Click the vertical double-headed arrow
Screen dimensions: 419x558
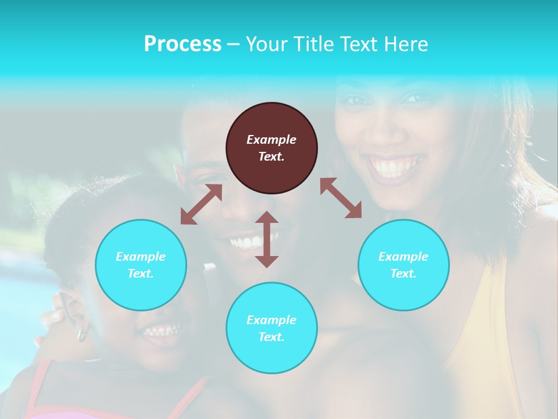click(267, 239)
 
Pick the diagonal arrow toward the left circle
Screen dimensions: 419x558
click(201, 205)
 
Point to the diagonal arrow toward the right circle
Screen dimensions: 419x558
click(341, 198)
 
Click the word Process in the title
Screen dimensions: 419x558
click(183, 44)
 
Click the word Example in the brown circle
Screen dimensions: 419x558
click(271, 140)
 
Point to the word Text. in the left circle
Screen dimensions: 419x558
click(141, 274)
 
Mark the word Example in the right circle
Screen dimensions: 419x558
click(403, 257)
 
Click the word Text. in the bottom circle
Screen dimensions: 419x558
click(271, 337)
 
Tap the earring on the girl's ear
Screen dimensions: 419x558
click(82, 334)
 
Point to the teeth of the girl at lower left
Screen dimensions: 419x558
click(162, 331)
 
